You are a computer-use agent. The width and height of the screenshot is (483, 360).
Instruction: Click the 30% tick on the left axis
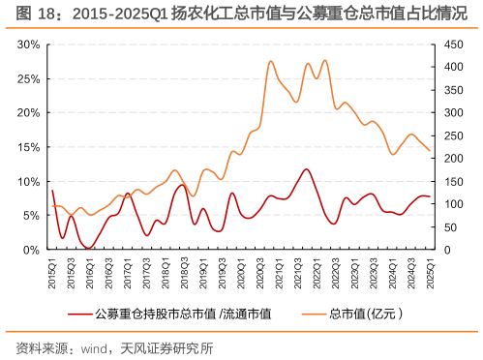click(x=27, y=45)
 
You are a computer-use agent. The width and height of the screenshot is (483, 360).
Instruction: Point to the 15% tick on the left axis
click(x=27, y=147)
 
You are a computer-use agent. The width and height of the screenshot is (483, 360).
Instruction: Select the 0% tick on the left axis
click(x=30, y=250)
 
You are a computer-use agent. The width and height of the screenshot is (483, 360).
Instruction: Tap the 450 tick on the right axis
click(x=446, y=45)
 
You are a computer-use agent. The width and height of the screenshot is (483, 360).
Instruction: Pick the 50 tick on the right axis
click(x=443, y=226)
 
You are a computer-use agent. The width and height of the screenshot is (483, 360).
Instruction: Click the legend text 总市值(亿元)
click(x=365, y=313)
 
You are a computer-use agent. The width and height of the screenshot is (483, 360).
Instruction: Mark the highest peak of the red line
click(x=307, y=169)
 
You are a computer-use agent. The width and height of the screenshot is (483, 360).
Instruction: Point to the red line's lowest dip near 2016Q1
click(x=88, y=248)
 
